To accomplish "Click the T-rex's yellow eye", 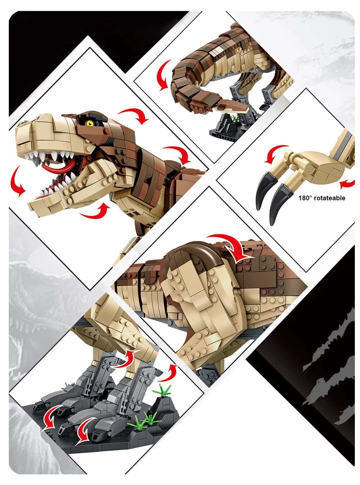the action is click(x=89, y=124).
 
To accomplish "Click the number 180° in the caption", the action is click(x=305, y=198).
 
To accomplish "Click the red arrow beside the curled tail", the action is click(x=163, y=76).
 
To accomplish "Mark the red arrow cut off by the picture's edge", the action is click(x=348, y=184).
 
